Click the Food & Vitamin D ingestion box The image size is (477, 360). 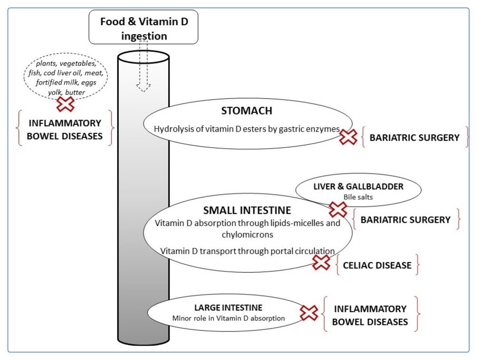point(143,28)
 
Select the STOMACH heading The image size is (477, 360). point(247,111)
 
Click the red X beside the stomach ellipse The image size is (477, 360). point(348,138)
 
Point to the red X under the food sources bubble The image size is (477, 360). point(66,104)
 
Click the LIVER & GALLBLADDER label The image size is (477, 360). point(358,187)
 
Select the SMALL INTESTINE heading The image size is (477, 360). point(247,210)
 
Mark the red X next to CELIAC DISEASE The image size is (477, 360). point(322,262)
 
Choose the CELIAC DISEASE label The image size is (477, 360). point(377,265)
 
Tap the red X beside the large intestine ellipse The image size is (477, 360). point(309,313)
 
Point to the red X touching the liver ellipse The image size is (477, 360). point(338,209)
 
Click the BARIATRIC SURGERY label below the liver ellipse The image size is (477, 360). point(405,220)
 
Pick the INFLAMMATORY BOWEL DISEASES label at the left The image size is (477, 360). point(66,129)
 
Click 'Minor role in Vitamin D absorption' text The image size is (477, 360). point(228,318)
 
